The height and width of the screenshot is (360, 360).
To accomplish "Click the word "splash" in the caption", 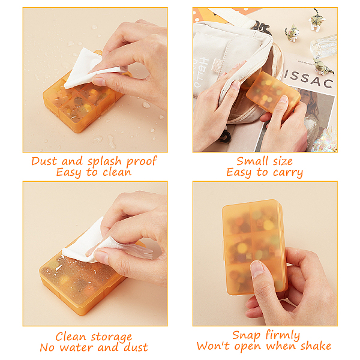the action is pos(104,161).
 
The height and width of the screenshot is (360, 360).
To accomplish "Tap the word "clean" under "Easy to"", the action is pos(117,172).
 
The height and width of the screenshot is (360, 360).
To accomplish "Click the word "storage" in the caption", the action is pos(112,337).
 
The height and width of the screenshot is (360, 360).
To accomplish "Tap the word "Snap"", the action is pos(247,335).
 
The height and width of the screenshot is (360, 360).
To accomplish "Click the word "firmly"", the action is pos(283,335).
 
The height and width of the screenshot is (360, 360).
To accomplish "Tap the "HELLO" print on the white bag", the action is pos(205,71).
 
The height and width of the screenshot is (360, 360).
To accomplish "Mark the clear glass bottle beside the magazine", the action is pos(323,46).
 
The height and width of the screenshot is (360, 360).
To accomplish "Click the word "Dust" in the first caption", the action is pos(44,161).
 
